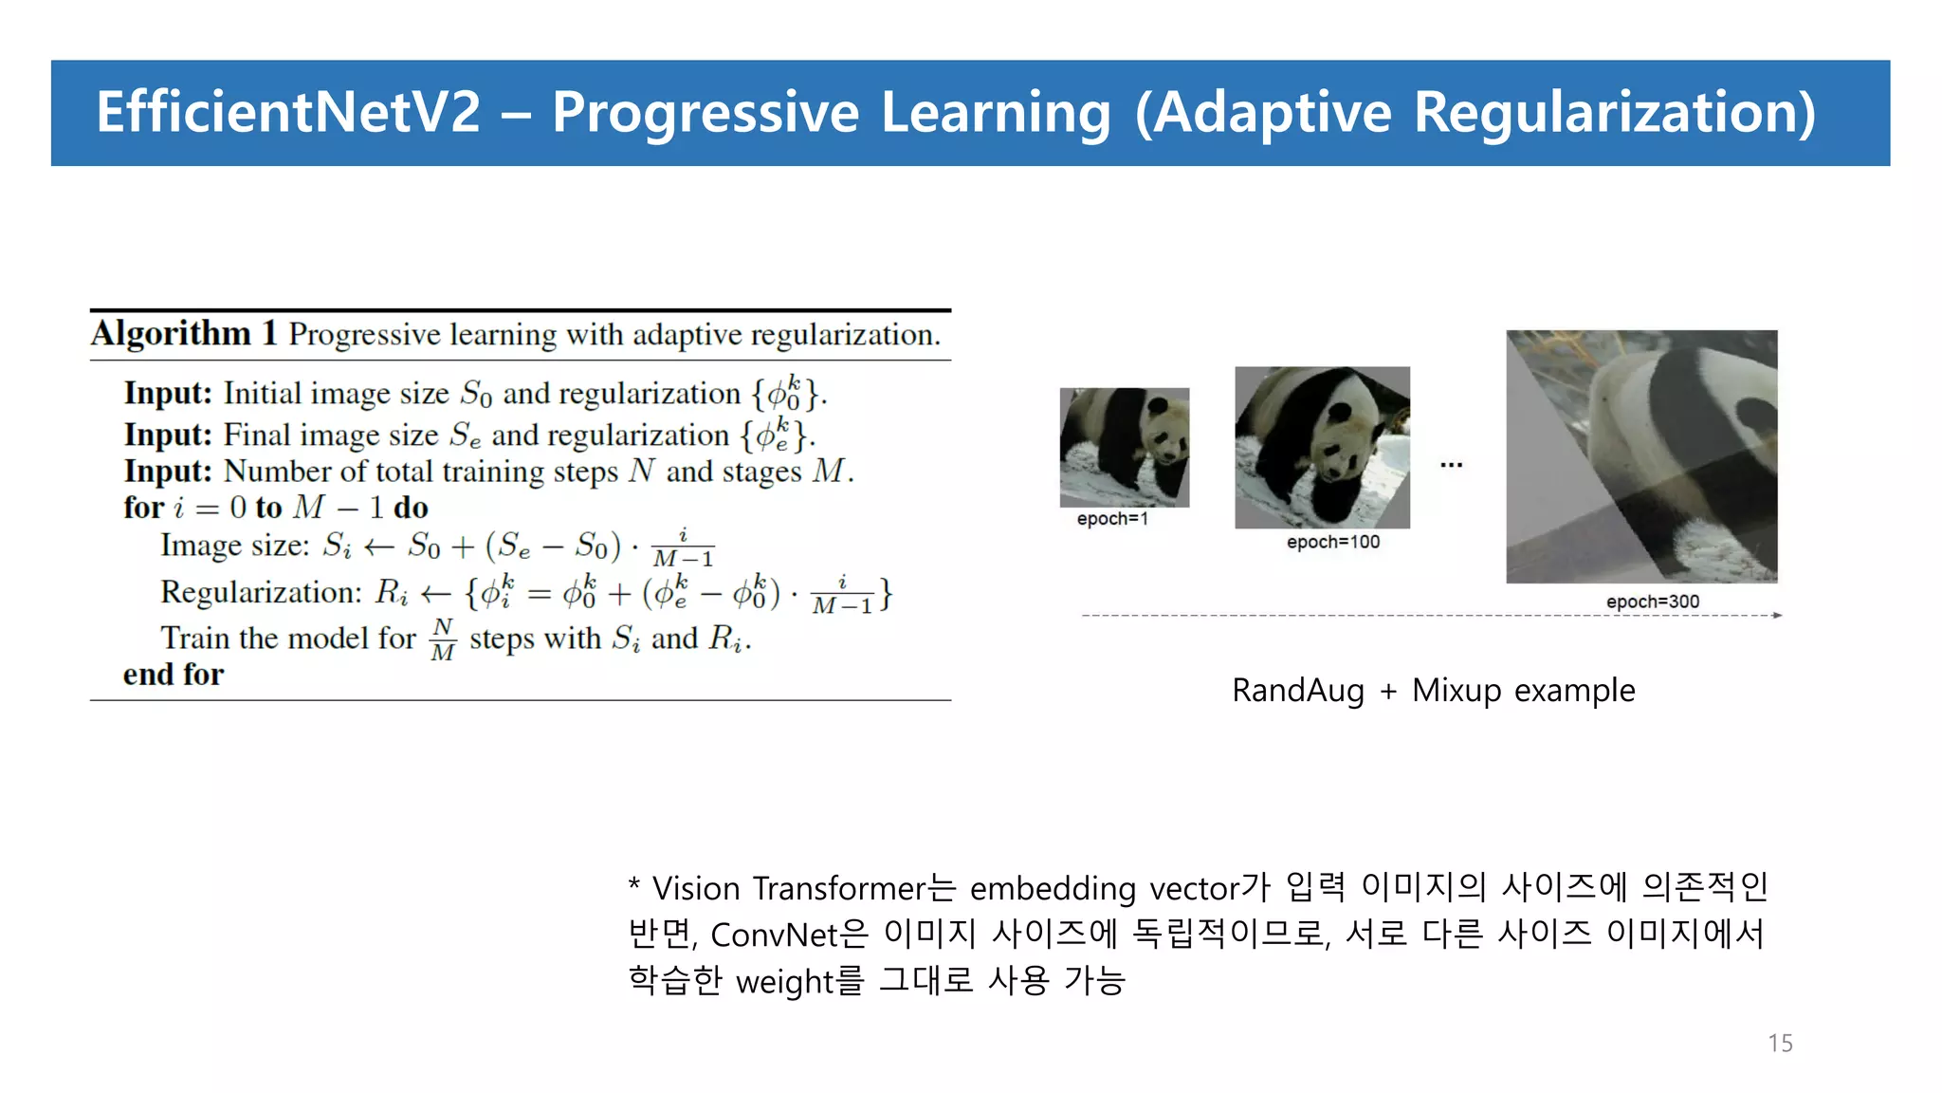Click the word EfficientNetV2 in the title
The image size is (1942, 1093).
point(288,112)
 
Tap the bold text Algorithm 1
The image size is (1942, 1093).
point(184,334)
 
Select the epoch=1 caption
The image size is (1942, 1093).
point(1112,519)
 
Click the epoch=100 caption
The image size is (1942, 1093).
point(1332,542)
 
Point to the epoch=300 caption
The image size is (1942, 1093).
point(1652,602)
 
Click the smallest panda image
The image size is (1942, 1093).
point(1124,447)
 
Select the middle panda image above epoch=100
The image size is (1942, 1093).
point(1322,447)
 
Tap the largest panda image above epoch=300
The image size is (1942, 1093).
point(1641,455)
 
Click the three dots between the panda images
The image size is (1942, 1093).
point(1451,465)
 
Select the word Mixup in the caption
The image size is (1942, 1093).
point(1456,690)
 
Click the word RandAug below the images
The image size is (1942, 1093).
point(1297,690)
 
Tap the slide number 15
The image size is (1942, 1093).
point(1780,1043)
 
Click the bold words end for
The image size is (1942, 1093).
point(174,675)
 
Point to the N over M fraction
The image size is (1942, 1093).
point(443,639)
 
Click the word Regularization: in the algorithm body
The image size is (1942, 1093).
point(261,592)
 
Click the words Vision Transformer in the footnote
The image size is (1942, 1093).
point(788,888)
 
